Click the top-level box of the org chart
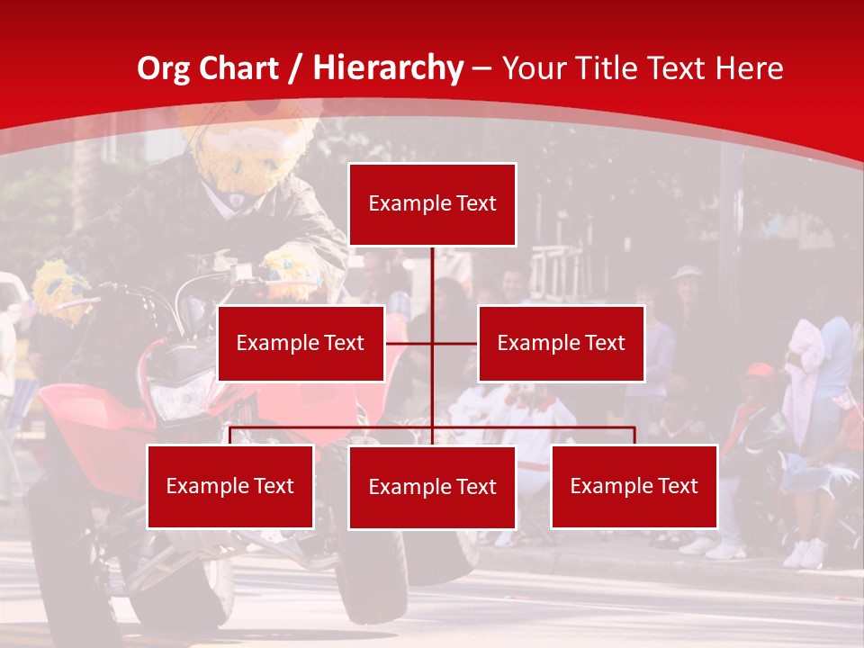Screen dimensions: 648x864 (432, 204)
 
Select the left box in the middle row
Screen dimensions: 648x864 (301, 343)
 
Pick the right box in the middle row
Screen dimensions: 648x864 (561, 343)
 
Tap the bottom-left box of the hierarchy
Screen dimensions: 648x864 (230, 487)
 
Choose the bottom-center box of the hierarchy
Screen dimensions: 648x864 (432, 488)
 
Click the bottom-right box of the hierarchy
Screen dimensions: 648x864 (634, 487)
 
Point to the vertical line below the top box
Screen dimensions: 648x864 (432, 279)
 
